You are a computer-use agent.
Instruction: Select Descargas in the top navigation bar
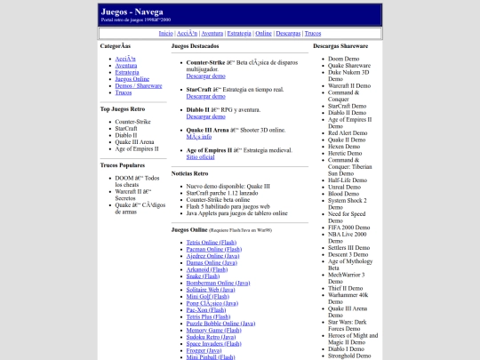point(288,33)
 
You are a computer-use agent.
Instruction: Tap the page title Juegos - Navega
point(132,11)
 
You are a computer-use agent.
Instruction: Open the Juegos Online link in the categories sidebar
point(132,78)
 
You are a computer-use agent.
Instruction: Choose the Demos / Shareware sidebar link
point(139,85)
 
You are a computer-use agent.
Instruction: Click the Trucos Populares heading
point(124,164)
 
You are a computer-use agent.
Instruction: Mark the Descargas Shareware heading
point(341,45)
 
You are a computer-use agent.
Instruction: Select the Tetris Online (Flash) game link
point(212,243)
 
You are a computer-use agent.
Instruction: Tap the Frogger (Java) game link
point(204,349)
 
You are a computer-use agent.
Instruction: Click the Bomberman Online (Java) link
point(218,282)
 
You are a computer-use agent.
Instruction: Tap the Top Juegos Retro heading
point(124,109)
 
